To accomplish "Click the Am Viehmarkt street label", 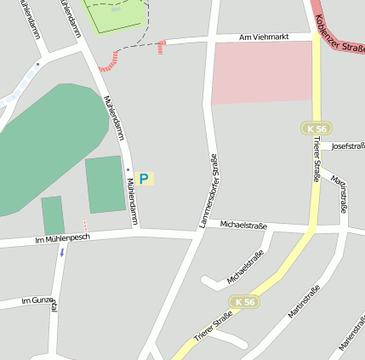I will click(x=264, y=37).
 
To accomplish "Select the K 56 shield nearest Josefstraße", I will click(x=315, y=128).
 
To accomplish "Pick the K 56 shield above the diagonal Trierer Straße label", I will click(x=243, y=302).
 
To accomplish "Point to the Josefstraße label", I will click(x=347, y=146).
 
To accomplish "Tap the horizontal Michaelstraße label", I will click(x=243, y=226).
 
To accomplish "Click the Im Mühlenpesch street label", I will click(x=62, y=240).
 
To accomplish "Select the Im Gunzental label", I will click(x=38, y=302).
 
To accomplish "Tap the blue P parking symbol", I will click(x=144, y=179).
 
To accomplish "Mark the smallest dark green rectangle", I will click(x=53, y=214).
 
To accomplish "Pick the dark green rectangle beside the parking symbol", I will click(x=105, y=184).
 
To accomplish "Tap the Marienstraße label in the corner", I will click(x=352, y=332).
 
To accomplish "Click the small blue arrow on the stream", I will click(x=61, y=253).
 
